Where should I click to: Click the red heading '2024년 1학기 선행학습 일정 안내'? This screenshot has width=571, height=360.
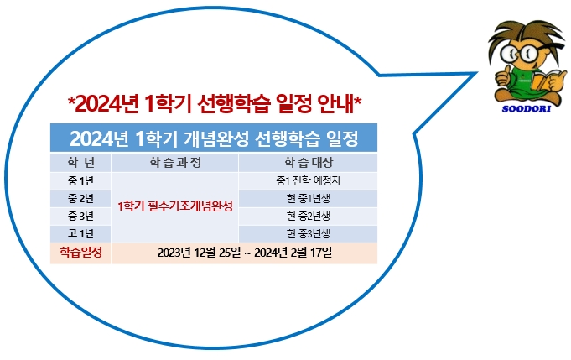(215, 104)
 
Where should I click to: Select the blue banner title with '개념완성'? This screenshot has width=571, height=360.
(214, 138)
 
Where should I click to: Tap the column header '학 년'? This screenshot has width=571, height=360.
(80, 163)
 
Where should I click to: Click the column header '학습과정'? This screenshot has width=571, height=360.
(175, 163)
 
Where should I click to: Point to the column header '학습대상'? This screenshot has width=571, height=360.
(309, 163)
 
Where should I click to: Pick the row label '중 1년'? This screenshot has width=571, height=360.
(80, 180)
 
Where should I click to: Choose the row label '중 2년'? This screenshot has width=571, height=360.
(80, 198)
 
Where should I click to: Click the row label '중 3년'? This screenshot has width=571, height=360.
(80, 216)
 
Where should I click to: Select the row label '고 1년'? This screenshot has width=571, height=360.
(80, 233)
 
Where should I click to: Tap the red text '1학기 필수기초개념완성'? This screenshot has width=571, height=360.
(175, 206)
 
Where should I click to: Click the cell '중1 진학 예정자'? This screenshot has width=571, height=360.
(309, 180)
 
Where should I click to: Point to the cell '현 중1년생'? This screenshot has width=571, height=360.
(309, 198)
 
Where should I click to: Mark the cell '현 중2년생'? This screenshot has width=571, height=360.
(309, 216)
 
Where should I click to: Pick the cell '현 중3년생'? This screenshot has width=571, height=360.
(309, 233)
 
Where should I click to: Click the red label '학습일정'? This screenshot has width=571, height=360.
(80, 252)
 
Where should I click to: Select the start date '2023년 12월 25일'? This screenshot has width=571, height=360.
(200, 253)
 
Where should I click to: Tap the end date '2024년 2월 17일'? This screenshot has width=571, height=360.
(293, 253)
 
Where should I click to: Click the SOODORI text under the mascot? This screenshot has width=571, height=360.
(527, 109)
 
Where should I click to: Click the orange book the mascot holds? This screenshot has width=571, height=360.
(543, 80)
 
